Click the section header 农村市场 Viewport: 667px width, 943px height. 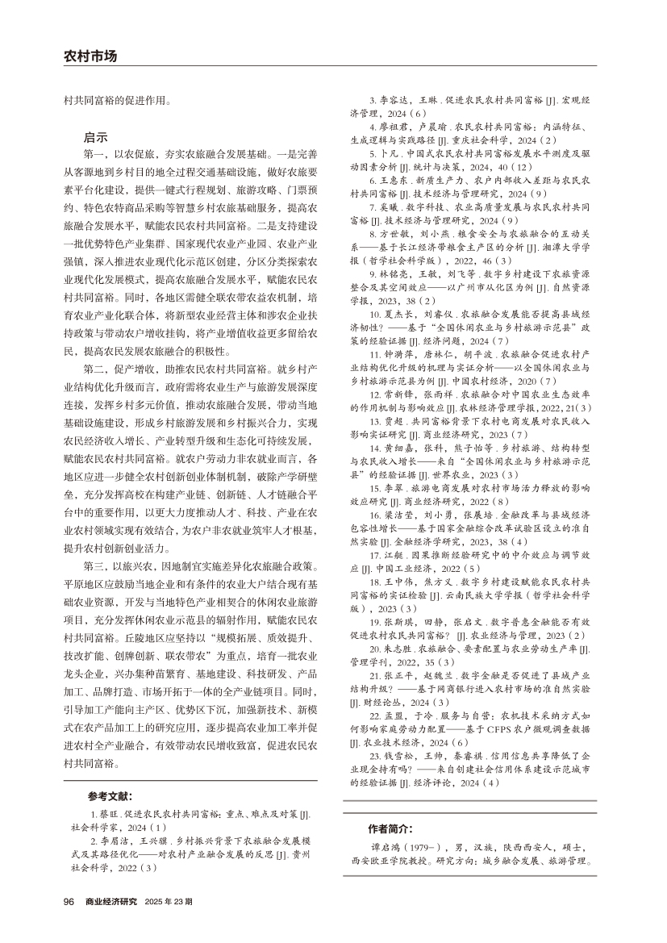coord(90,56)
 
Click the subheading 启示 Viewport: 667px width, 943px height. coord(95,139)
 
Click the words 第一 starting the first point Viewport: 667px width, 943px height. coord(94,153)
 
